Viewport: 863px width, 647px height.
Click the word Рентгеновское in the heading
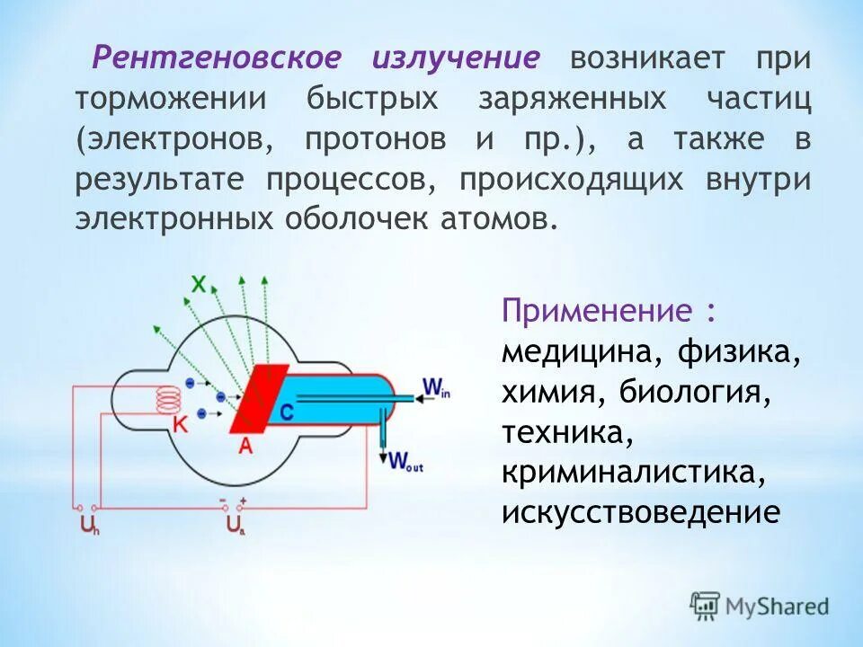pos(218,58)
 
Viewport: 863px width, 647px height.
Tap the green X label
pos(199,285)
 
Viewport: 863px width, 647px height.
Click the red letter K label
pos(180,426)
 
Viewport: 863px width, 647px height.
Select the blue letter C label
pos(286,412)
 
